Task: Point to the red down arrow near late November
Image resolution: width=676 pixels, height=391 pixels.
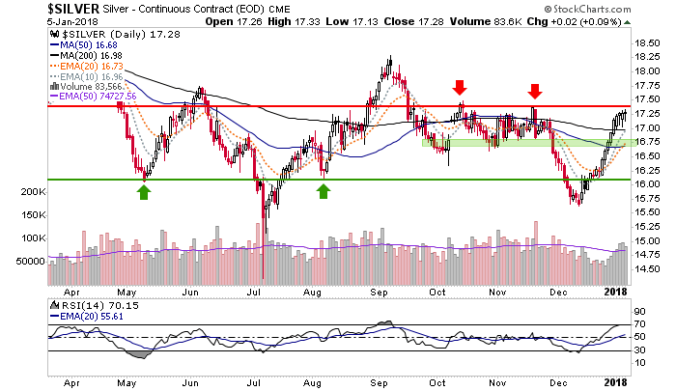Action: pyautogui.click(x=534, y=91)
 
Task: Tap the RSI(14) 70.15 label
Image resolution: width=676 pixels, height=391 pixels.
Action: pyautogui.click(x=83, y=305)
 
